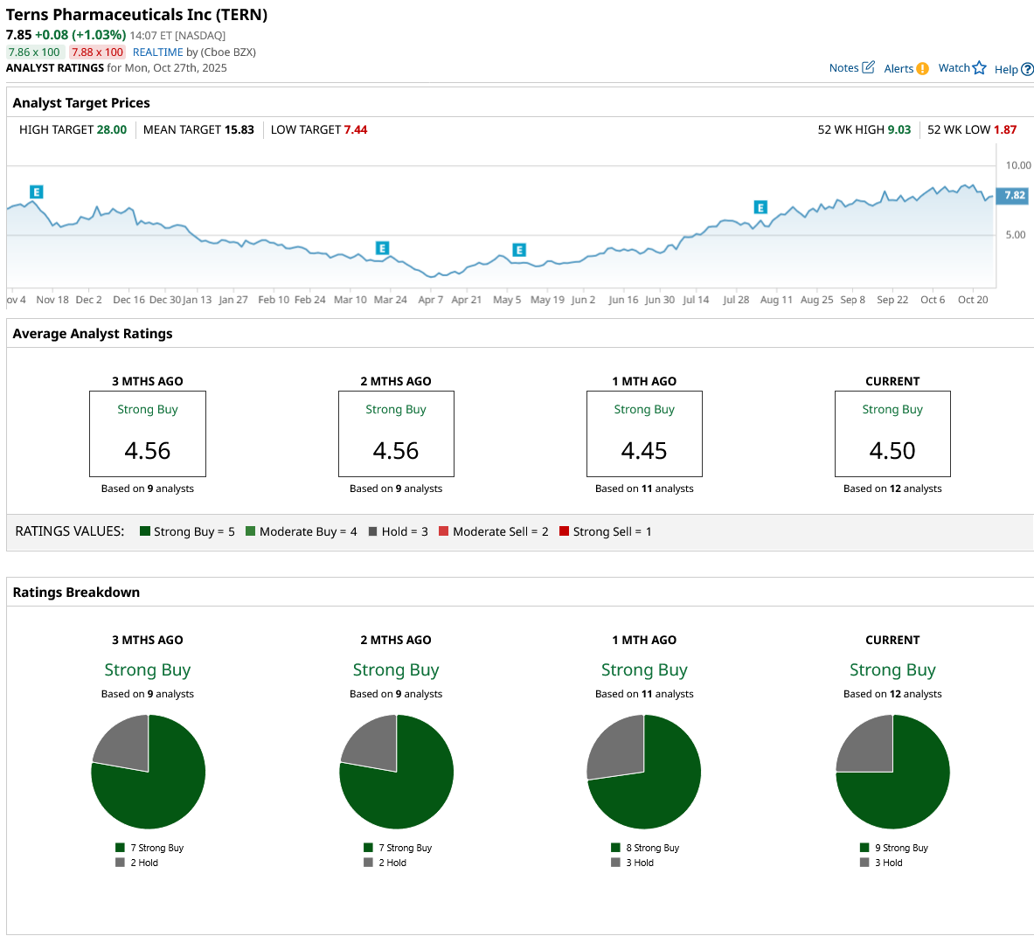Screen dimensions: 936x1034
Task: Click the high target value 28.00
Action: coord(112,130)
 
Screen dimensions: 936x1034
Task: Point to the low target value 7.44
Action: coord(356,130)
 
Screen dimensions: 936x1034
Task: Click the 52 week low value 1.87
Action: coord(1005,130)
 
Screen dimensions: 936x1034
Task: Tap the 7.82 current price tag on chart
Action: coord(1014,196)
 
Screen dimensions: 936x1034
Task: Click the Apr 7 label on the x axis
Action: coord(430,300)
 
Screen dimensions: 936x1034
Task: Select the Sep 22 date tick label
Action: coord(892,300)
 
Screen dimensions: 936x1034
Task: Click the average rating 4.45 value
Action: coord(644,451)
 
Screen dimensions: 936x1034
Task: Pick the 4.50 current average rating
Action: coord(892,451)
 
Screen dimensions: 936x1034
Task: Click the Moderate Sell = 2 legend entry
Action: coord(494,531)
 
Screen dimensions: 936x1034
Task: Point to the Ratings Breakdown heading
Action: coord(76,593)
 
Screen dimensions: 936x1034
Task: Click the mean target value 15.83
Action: coord(239,130)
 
